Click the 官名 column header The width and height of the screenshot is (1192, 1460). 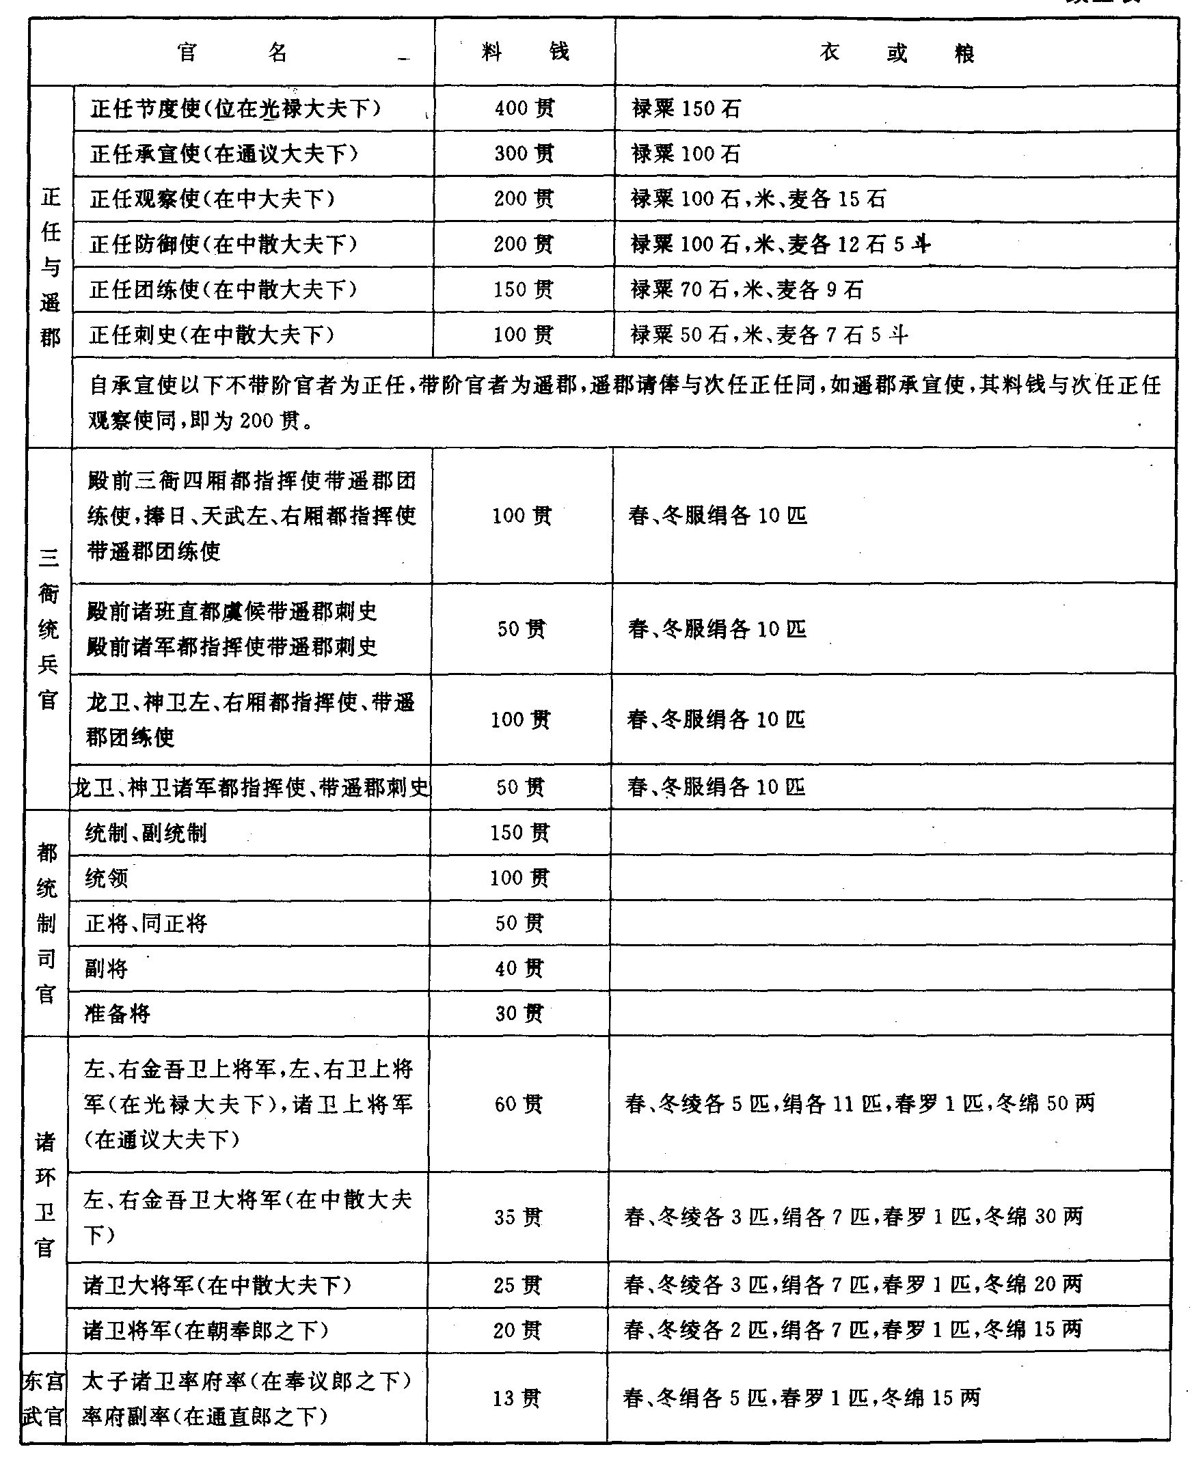coord(232,52)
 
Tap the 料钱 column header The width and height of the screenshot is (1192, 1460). coord(526,52)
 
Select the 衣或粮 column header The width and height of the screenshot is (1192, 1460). coord(897,53)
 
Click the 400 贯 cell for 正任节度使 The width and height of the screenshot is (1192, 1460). coord(525,109)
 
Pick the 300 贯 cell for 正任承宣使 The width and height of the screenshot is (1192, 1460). coord(525,154)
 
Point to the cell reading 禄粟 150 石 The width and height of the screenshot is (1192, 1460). coord(686,109)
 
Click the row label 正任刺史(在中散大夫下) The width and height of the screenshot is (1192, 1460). coord(212,335)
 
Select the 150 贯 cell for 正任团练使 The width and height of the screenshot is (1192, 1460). coord(524,290)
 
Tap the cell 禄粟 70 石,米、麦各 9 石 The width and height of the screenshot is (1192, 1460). coord(746,290)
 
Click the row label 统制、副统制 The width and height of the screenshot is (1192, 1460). coord(146,834)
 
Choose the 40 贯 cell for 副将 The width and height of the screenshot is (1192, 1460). coord(519,969)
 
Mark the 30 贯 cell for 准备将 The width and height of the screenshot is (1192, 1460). coord(519,1014)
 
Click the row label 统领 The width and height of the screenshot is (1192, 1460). coord(107,879)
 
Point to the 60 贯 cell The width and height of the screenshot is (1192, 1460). coord(519,1105)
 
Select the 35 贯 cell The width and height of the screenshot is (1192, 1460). coord(518,1217)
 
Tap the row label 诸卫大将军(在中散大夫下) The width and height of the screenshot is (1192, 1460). coord(217,1285)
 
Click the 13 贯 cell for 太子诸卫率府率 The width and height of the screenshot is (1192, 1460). coord(517,1399)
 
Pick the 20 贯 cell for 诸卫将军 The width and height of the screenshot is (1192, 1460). coord(517,1330)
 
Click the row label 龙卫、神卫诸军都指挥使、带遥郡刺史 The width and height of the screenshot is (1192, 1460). coord(251,787)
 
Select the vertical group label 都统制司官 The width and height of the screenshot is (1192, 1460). coord(46,923)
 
